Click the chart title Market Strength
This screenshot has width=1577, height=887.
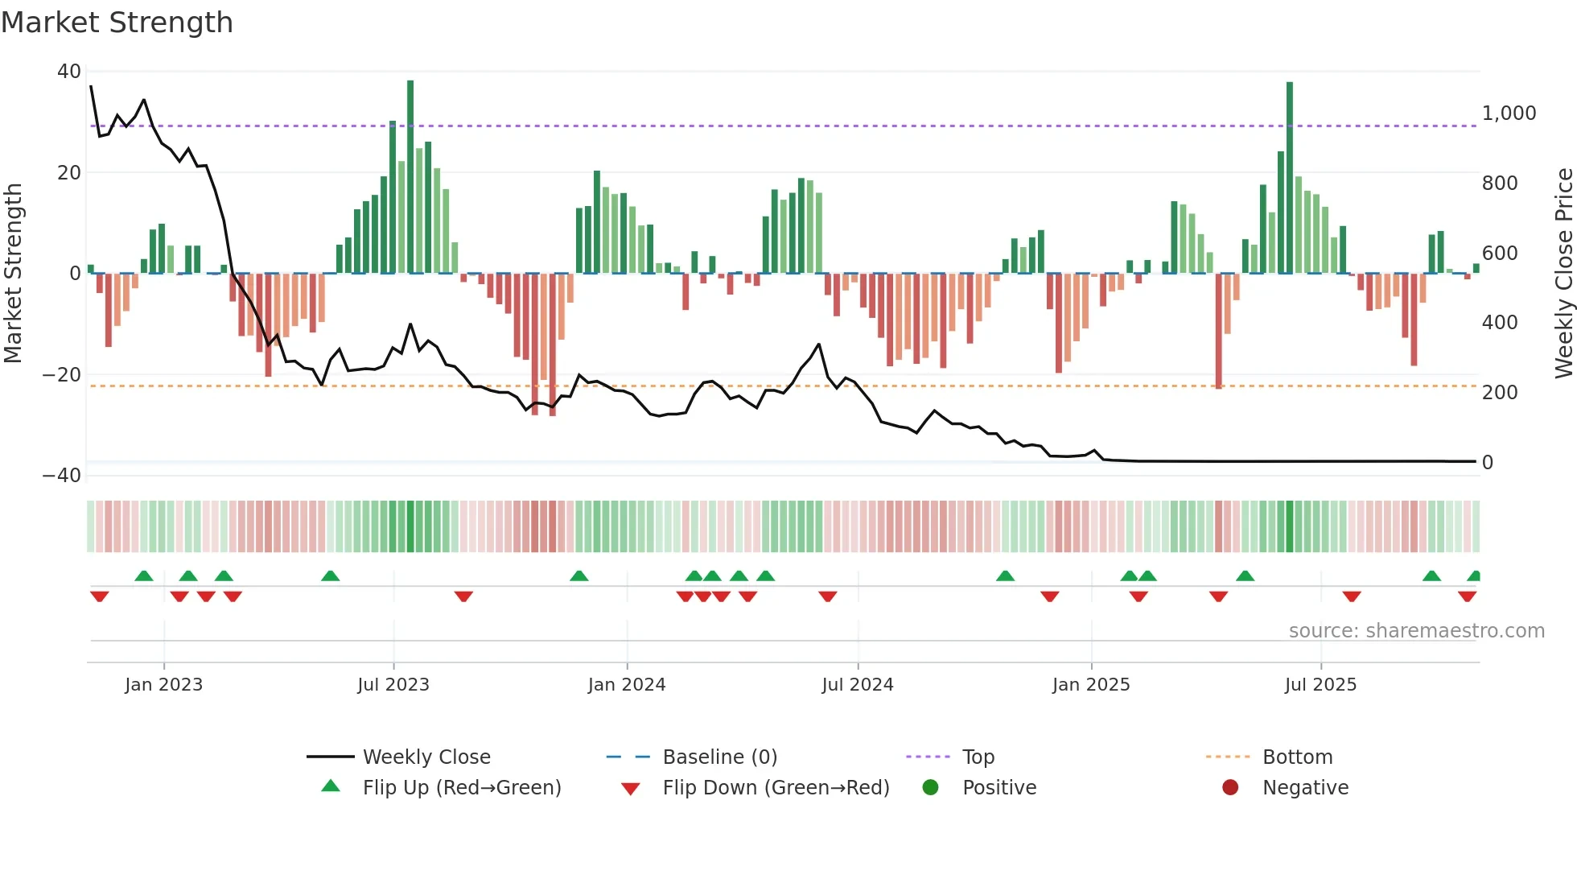click(x=117, y=23)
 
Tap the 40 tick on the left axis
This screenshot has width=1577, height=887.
click(x=69, y=72)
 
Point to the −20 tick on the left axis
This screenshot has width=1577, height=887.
click(x=62, y=375)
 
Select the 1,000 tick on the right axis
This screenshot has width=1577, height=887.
click(x=1509, y=113)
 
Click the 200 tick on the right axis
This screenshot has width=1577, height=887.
click(x=1500, y=393)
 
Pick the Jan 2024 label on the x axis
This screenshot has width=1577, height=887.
click(x=627, y=685)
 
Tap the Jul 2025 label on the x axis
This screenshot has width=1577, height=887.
click(x=1320, y=685)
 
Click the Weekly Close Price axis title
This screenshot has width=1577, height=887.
click(x=1563, y=274)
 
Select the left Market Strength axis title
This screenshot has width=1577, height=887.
click(x=13, y=274)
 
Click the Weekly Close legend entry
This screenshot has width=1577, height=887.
click(x=426, y=757)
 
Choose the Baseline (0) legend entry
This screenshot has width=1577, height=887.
click(x=719, y=757)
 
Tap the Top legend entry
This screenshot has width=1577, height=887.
click(x=978, y=757)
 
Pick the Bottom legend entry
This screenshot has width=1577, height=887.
click(x=1297, y=757)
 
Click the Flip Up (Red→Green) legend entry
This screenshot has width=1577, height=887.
click(x=461, y=788)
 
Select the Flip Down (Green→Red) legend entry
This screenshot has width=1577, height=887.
click(x=776, y=788)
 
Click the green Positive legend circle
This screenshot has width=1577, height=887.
click(x=931, y=788)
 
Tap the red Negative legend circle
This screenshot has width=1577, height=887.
click(x=1230, y=788)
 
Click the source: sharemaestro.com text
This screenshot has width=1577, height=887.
click(x=1416, y=631)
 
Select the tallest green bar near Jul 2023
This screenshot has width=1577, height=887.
click(x=410, y=177)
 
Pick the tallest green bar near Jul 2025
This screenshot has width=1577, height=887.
click(x=1290, y=177)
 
